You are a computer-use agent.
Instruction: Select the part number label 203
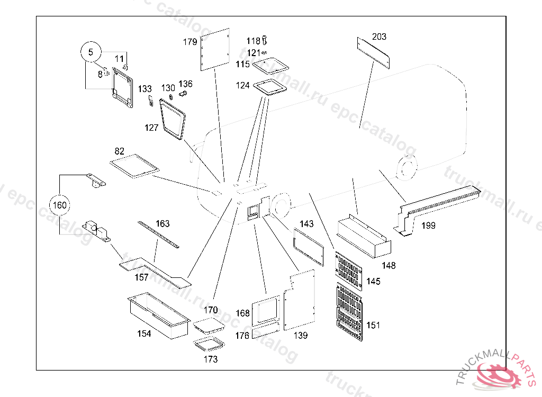coord(379,37)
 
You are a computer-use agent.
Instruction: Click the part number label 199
coord(428,225)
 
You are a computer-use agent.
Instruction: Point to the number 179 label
coord(190,42)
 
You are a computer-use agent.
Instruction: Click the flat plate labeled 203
coord(373,52)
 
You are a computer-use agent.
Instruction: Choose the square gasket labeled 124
coord(270,86)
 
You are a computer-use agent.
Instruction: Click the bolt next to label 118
coord(265,40)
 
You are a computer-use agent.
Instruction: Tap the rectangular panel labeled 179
coord(214,49)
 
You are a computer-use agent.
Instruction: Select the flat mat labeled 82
coord(134,165)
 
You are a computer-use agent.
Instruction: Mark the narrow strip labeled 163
coord(158,234)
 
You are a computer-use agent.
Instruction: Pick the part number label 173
coord(211,359)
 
